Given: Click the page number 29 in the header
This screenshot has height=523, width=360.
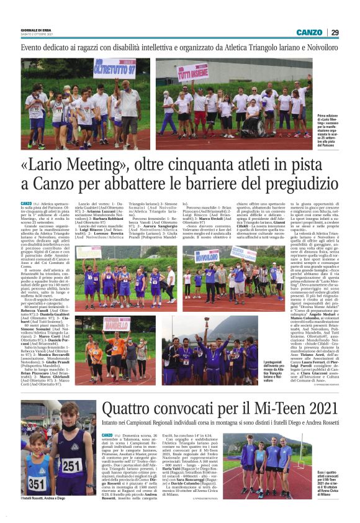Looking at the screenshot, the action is coord(335,32).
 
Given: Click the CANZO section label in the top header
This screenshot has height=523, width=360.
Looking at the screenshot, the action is coord(308,32).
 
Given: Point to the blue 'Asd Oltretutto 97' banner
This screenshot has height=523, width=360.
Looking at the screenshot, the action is coord(114,68).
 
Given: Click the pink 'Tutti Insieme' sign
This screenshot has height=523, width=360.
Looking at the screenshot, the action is coord(193,72).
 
